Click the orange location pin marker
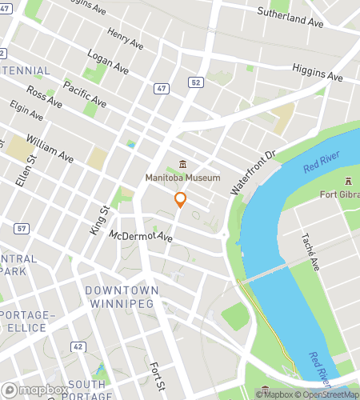(x=181, y=200)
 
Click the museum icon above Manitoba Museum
(x=183, y=164)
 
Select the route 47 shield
(x=162, y=88)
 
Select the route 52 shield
(x=195, y=82)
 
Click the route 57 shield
(x=22, y=229)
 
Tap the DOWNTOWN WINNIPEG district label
(x=122, y=297)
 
